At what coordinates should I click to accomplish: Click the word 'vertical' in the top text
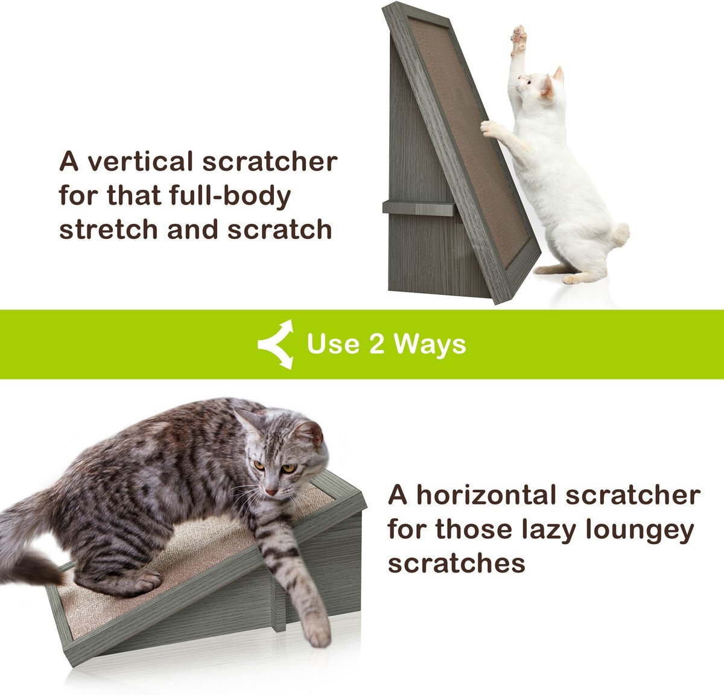[x=134, y=162]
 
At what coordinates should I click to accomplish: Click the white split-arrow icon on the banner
[x=276, y=344]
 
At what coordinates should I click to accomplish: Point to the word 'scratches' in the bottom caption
[x=456, y=564]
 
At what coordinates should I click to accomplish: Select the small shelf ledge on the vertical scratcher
[x=418, y=208]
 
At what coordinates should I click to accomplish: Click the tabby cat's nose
[x=271, y=492]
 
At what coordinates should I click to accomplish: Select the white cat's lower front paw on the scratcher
[x=490, y=128]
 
